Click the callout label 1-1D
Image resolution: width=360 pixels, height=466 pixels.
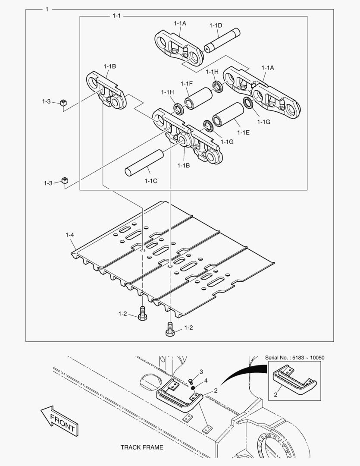tap(216, 25)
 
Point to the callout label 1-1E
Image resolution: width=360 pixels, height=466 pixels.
tap(243, 133)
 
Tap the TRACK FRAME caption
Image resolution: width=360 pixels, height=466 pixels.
tap(141, 447)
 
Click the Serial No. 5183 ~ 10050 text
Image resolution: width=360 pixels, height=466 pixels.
tap(294, 357)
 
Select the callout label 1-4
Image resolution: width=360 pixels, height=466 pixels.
tap(70, 235)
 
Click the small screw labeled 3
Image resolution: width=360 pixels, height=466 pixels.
tap(191, 381)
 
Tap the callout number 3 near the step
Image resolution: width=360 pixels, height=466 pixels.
tap(201, 372)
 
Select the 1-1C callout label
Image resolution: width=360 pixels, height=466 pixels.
tap(150, 181)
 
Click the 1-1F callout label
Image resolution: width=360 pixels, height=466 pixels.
tap(187, 83)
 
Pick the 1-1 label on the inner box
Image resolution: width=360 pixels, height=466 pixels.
tap(116, 16)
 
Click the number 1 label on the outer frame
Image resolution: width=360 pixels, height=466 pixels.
tap(47, 9)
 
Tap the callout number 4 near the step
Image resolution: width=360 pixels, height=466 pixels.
tap(206, 380)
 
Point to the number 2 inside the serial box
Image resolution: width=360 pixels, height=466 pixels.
tap(275, 394)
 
